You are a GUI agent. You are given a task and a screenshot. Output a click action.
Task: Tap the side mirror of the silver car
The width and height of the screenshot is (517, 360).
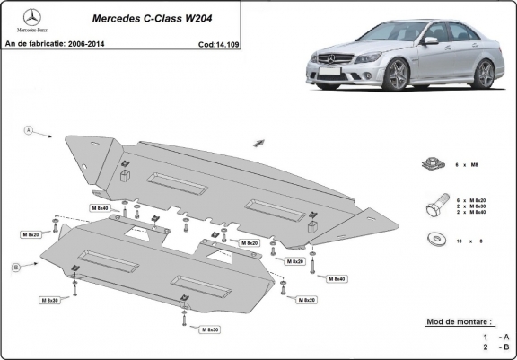click(x=431, y=41)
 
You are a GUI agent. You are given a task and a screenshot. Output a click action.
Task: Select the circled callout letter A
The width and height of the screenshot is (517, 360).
click(x=29, y=131)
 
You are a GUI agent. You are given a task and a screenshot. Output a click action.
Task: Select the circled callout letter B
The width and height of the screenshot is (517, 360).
click(x=16, y=268)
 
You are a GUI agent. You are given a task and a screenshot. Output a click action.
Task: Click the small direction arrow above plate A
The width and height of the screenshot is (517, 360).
click(x=260, y=143)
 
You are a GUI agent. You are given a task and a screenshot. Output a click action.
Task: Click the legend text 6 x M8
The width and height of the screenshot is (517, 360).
click(x=469, y=165)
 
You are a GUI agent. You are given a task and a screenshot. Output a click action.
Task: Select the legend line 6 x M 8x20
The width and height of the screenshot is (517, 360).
click(x=470, y=200)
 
